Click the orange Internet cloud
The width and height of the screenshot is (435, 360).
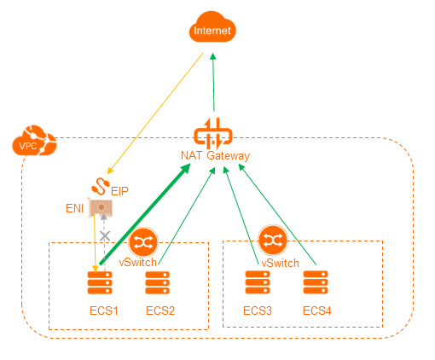(212, 27)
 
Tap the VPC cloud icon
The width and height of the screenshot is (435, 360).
(34, 141)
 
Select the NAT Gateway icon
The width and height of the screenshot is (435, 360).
(213, 134)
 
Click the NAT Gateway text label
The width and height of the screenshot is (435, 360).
(215, 156)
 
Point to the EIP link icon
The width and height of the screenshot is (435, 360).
(101, 186)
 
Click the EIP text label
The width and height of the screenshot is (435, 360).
(119, 191)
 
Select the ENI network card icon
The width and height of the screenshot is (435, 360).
(100, 208)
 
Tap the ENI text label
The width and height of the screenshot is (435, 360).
(74, 208)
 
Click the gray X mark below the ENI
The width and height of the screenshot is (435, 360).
(105, 235)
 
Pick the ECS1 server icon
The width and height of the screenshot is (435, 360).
(100, 282)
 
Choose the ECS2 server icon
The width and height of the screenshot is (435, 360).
(157, 282)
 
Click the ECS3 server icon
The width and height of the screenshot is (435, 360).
(258, 282)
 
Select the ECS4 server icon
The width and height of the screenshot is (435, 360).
(316, 282)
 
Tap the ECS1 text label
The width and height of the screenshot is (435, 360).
(104, 311)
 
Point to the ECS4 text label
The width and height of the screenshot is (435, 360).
(317, 311)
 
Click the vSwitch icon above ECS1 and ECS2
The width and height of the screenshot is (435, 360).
(143, 242)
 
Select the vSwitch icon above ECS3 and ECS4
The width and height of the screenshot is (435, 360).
(273, 241)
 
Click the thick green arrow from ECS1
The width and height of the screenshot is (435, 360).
(145, 215)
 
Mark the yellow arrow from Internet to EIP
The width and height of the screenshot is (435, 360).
(155, 113)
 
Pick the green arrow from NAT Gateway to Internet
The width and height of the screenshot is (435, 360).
(213, 82)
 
